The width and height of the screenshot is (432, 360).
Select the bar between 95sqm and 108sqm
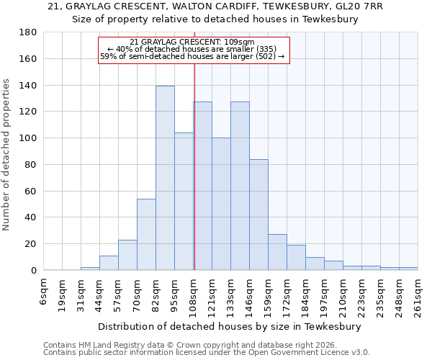tap(184, 202)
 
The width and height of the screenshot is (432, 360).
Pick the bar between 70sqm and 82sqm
tap(146, 234)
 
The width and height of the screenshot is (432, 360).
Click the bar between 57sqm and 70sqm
tap(127, 255)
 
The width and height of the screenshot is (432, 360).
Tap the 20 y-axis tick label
tap(32, 244)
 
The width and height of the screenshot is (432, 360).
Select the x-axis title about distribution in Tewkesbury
tap(229, 327)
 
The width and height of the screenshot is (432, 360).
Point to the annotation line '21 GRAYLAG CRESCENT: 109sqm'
tap(192, 42)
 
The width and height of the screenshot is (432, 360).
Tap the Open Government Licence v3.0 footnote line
tap(207, 353)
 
